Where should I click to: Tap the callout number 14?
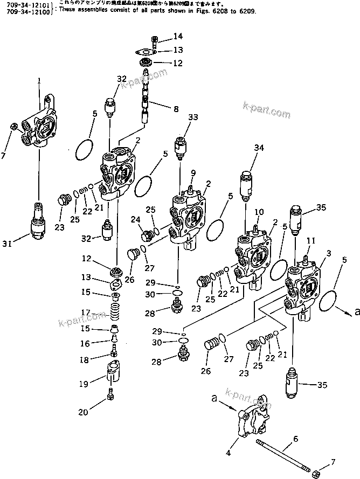tap(178, 37)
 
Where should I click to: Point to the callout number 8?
tap(175, 109)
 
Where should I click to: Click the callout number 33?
tap(192, 117)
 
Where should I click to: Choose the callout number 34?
tap(259, 148)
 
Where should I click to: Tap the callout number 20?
tap(82, 413)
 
